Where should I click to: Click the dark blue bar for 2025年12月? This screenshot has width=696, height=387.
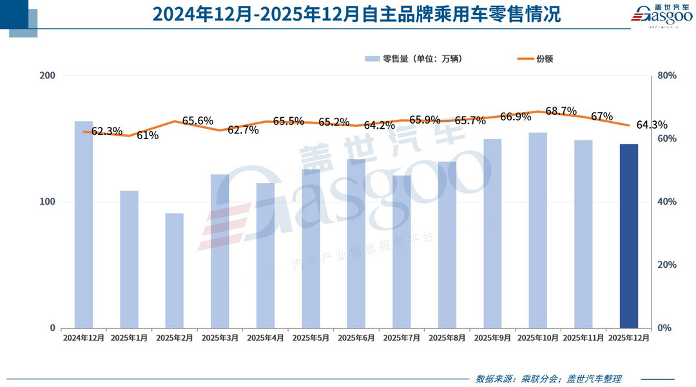point(629,236)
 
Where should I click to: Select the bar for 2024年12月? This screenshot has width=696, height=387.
point(84,225)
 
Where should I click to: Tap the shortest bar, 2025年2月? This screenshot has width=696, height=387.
point(175,270)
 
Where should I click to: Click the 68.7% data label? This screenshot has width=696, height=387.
point(561,111)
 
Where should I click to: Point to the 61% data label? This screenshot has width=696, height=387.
point(147,135)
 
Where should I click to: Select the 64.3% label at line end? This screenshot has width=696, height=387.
point(652,125)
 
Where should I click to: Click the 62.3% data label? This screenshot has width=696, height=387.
point(106,131)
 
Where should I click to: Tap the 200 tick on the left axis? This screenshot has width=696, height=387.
point(48,76)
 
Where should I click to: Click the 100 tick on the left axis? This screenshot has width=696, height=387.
point(48,202)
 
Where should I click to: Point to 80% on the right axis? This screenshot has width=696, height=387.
point(667,76)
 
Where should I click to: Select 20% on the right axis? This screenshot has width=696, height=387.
point(667,265)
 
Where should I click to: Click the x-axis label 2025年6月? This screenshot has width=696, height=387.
point(356,338)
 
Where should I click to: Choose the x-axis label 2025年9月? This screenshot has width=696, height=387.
point(492,338)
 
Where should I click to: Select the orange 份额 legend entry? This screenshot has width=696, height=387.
point(536,59)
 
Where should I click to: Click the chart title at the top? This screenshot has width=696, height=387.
point(347,14)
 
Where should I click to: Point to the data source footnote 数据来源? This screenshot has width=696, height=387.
point(548,379)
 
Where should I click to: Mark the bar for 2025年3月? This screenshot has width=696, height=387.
point(220,251)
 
